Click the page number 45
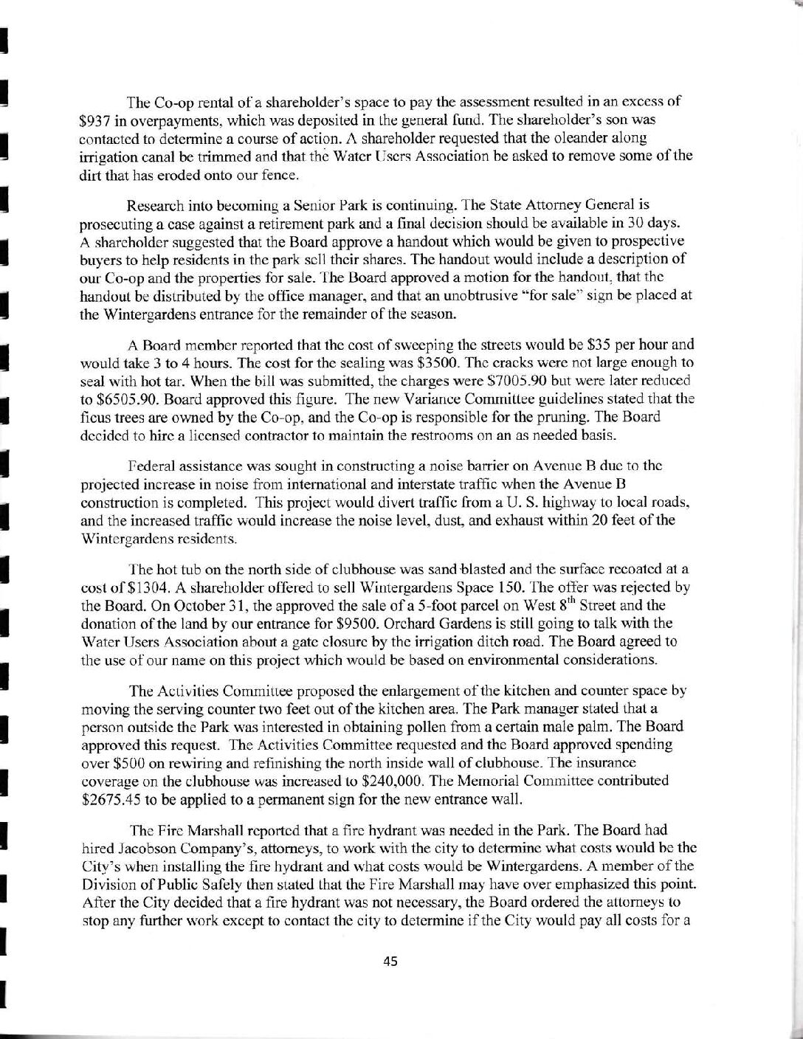point(391,961)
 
